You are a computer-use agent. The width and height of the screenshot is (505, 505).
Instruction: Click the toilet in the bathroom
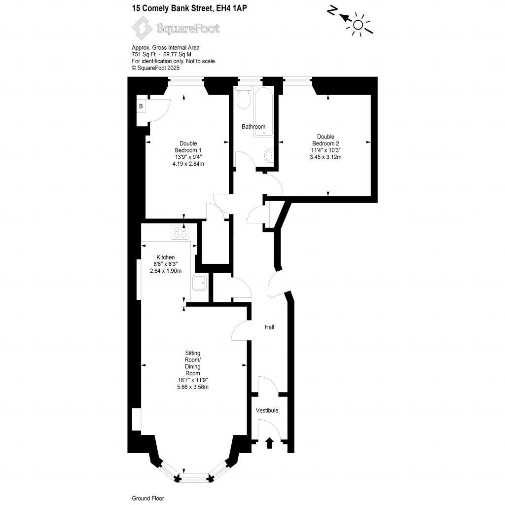coord(244,99)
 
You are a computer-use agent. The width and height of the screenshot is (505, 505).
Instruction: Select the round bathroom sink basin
coord(269,156)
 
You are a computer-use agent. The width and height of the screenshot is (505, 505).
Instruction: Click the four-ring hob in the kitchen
coord(180,232)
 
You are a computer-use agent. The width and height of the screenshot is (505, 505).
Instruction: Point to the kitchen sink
coord(200,283)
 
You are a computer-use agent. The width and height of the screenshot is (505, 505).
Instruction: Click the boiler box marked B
coord(141,106)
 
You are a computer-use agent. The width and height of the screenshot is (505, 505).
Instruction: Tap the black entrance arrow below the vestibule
coord(269,443)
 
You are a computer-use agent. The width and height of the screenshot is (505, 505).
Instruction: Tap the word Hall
coord(269,327)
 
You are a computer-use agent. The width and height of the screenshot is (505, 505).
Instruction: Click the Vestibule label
coord(267,410)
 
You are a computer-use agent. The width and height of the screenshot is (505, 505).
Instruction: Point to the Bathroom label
coord(253,127)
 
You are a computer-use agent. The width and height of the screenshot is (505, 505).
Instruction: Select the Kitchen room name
coord(166,257)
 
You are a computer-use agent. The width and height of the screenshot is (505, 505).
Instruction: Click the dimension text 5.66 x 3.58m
coord(193,387)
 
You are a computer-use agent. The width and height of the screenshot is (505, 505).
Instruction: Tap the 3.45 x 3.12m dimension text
coord(325,157)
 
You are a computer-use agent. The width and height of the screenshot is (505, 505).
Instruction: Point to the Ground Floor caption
coord(147,498)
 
